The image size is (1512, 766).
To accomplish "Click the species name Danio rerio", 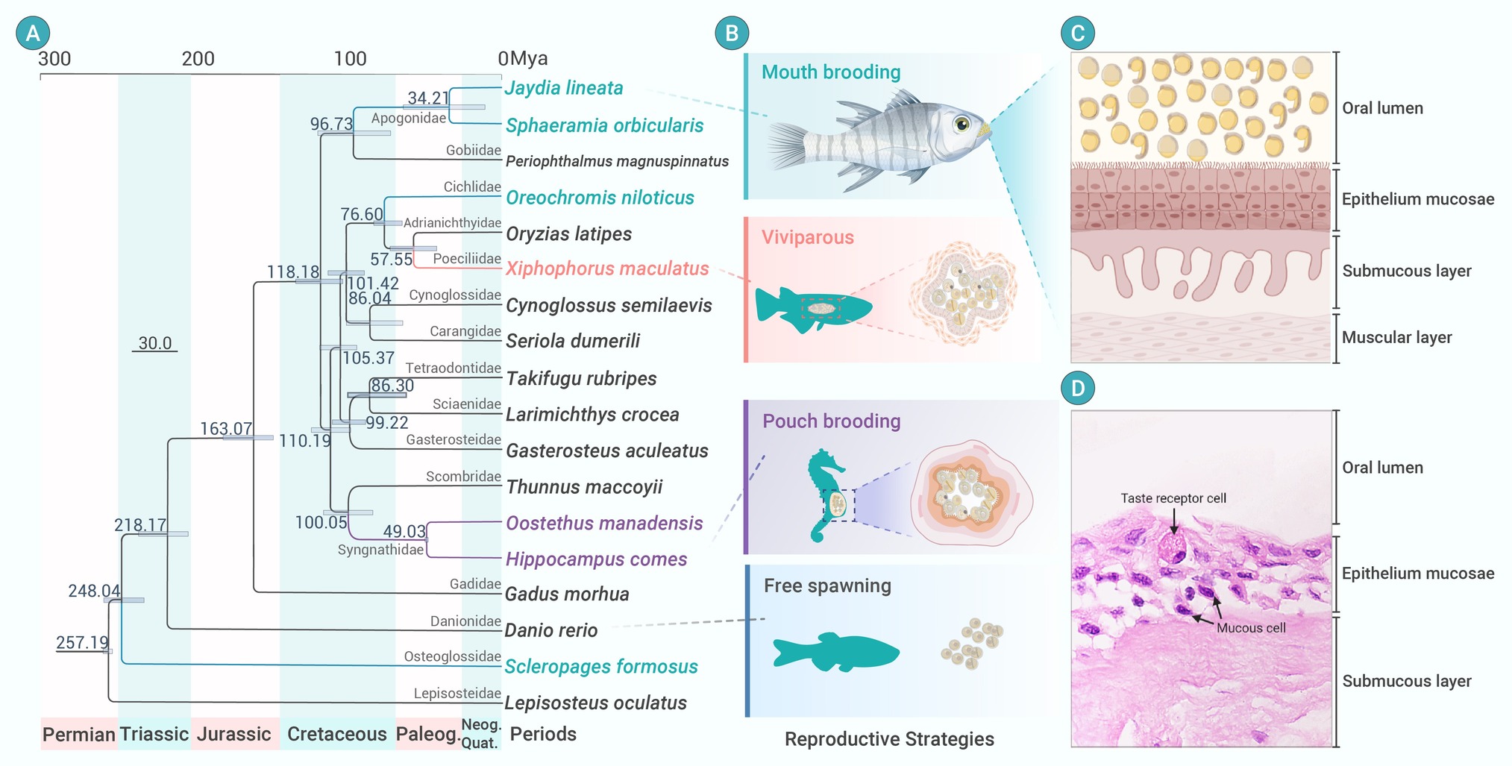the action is coord(551,630).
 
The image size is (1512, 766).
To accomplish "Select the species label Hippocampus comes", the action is coord(596,559).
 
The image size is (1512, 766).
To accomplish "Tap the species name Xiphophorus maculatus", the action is coord(607,269).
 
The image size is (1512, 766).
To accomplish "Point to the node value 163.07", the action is coord(226,429).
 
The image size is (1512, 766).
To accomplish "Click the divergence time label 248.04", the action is coord(94,591).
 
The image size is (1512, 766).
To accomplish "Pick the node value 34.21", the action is coord(428,98).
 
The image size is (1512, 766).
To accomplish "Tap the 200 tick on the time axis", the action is coord(198,58).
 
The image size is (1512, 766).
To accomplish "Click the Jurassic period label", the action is coord(233,734).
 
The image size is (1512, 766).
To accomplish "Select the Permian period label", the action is coord(79,735).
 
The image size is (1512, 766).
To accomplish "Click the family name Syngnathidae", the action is coord(380,550).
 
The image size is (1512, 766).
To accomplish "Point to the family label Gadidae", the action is coord(475,584).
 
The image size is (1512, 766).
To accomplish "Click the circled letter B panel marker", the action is coord(732,33).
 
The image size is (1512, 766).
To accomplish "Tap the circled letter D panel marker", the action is coord(1078,388).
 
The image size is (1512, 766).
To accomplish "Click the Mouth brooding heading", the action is coord(831,72).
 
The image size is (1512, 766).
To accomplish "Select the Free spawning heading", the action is coord(827,586).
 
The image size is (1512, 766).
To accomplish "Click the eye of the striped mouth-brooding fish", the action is coord(962,124).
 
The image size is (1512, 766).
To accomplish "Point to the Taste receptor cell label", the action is coord(1173,498).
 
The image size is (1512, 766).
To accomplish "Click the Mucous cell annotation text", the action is coord(1251,628).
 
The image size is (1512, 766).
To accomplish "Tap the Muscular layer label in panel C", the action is coord(1397,337).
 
